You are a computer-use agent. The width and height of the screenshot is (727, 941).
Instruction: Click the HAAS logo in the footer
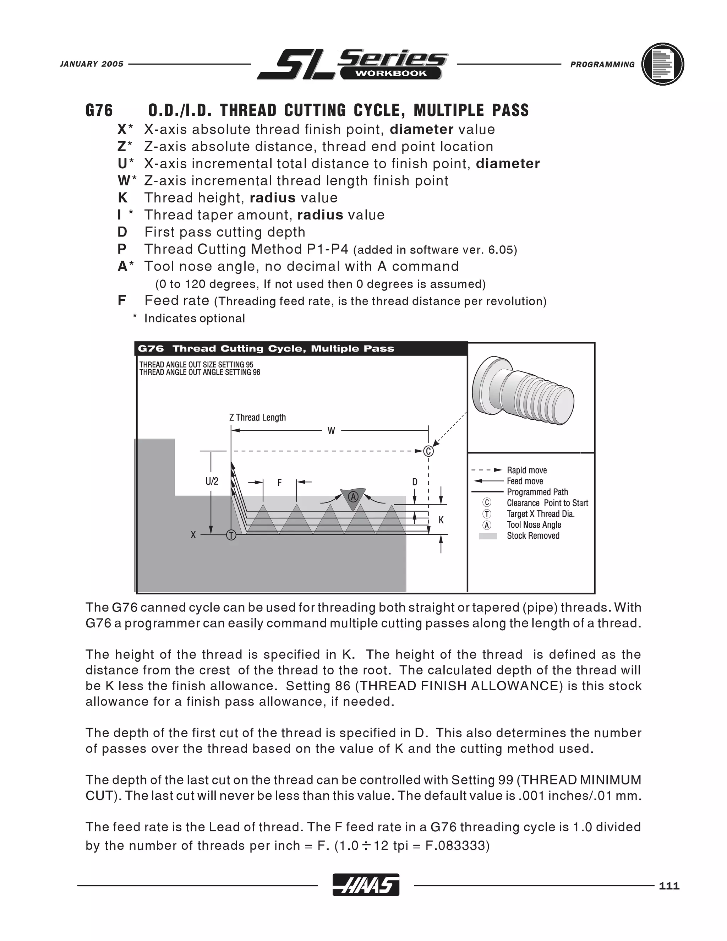(366, 885)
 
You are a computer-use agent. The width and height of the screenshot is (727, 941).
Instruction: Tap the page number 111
(669, 886)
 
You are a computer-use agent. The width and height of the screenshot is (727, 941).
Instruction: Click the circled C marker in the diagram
(428, 451)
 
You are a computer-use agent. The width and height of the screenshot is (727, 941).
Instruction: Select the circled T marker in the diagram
(231, 535)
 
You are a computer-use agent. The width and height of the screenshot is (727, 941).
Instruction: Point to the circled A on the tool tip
(353, 497)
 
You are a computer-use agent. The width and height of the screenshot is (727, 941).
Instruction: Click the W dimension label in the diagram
(331, 431)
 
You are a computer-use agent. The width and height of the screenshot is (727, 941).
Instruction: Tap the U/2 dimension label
(212, 481)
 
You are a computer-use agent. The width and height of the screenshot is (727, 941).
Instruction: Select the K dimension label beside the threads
(441, 520)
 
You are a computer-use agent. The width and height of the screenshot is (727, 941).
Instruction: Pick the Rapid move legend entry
(526, 470)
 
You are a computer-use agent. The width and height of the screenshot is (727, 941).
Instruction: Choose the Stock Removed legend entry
(533, 535)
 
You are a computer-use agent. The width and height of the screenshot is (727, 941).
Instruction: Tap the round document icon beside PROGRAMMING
(662, 64)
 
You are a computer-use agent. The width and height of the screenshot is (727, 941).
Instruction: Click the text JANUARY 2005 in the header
(91, 64)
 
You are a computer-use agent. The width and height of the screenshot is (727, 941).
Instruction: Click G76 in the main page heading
(99, 110)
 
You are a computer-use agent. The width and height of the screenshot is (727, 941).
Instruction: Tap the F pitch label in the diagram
(279, 483)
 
